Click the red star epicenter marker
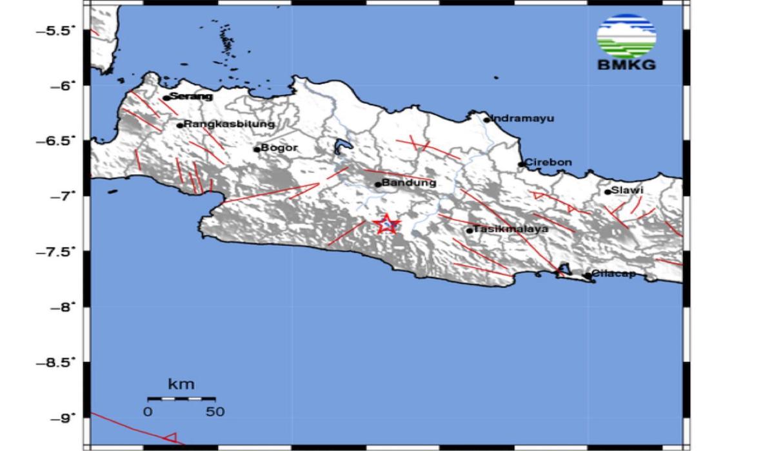pos(387,224)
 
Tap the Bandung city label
pos(410,183)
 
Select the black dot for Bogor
pos(257,149)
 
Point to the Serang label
pos(191,97)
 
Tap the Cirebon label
pos(548,162)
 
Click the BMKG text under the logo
pos(627,64)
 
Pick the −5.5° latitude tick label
pos(59,30)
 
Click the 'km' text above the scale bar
pos(181,385)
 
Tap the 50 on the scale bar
pos(215,411)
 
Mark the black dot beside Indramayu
pos(487,119)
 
